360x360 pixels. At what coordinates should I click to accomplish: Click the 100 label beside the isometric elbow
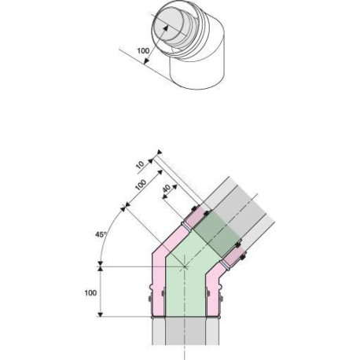(x=143, y=50)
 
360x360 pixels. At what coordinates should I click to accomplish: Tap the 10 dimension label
(x=141, y=165)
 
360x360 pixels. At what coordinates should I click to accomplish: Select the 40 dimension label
(x=167, y=189)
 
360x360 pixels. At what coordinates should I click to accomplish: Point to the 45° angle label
(x=101, y=234)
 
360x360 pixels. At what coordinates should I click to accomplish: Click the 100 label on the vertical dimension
(x=90, y=292)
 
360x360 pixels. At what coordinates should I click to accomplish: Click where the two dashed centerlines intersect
(x=185, y=266)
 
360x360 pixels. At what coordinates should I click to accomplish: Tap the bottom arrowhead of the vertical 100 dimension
(x=101, y=314)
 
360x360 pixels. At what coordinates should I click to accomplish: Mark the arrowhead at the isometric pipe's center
(x=165, y=28)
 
